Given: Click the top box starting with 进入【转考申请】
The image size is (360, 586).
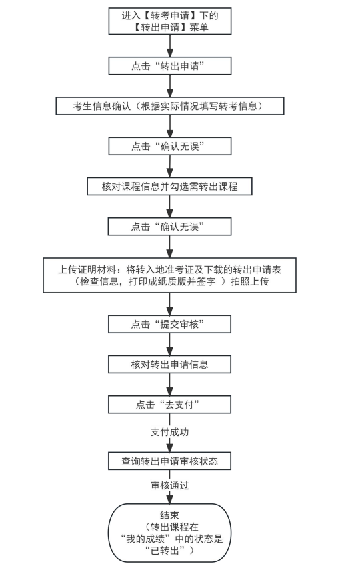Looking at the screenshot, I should click(169, 21).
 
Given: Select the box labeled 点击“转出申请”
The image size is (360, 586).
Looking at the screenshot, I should click(169, 65).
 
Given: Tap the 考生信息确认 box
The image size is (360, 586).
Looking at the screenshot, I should click(169, 106).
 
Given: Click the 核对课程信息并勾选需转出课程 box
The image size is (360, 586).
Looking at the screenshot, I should click(169, 186).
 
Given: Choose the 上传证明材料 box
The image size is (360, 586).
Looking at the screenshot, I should click(169, 275).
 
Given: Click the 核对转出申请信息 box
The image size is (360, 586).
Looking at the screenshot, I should click(169, 364).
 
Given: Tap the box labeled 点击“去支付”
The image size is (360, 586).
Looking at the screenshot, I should click(169, 404).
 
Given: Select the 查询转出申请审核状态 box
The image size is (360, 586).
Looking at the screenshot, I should click(169, 461).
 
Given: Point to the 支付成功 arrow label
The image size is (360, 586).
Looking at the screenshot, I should click(169, 432).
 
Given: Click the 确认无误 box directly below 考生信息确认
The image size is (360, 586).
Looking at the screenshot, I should click(169, 146).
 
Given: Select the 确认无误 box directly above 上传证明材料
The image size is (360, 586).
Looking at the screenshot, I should click(169, 227).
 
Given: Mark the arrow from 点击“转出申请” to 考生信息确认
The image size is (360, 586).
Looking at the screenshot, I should click(169, 85).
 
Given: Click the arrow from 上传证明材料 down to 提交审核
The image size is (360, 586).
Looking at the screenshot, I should click(169, 303).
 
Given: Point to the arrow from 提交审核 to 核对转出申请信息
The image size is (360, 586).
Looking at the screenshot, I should click(169, 344).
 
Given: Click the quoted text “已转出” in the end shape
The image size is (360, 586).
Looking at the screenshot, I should click(164, 550).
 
